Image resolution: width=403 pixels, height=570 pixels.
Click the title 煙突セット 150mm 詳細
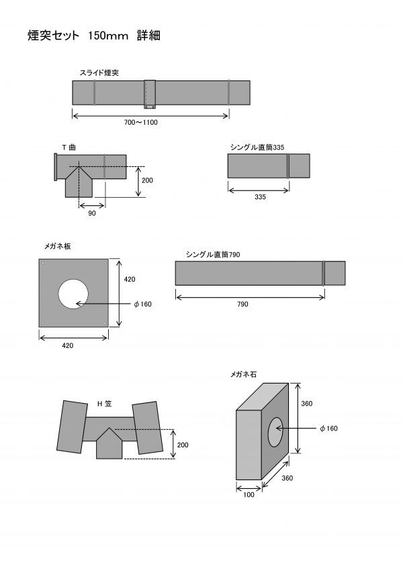(x=94, y=36)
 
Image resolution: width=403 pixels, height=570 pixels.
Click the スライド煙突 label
(x=99, y=72)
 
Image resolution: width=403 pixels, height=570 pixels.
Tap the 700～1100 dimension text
(x=141, y=122)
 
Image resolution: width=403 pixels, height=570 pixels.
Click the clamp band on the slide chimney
(x=150, y=94)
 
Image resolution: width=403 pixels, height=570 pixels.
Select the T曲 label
(x=69, y=148)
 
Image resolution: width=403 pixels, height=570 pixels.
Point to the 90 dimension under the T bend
(x=92, y=213)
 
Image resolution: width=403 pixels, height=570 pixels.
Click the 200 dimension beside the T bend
(x=147, y=180)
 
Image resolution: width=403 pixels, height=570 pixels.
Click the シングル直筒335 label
(x=257, y=148)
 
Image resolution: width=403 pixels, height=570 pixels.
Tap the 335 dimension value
(x=260, y=196)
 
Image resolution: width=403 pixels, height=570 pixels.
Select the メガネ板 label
(x=58, y=246)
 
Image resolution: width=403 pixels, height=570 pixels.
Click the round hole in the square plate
(x=73, y=294)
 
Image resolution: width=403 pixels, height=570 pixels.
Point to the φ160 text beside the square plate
(x=142, y=304)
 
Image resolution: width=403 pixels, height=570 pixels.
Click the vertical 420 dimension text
(x=129, y=279)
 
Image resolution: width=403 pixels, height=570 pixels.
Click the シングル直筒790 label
(x=213, y=254)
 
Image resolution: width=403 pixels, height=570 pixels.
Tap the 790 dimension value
(x=242, y=304)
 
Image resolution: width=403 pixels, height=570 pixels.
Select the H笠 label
(x=104, y=404)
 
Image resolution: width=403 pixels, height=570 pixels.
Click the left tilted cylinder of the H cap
(x=72, y=426)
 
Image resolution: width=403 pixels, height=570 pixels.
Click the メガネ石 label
(x=243, y=374)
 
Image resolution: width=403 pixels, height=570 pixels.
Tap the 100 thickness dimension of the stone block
(x=249, y=494)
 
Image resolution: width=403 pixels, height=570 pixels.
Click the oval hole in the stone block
(x=275, y=432)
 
